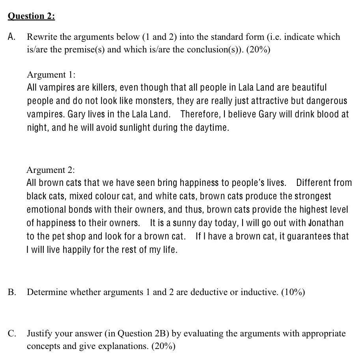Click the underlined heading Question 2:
pos(31,16)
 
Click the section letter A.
pos(12,37)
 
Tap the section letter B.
pos(12,292)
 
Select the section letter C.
pos(12,334)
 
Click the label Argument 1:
pos(51,74)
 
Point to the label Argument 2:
pos(50,170)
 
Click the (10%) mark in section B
pos(293,292)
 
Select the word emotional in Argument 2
pos(45,210)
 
